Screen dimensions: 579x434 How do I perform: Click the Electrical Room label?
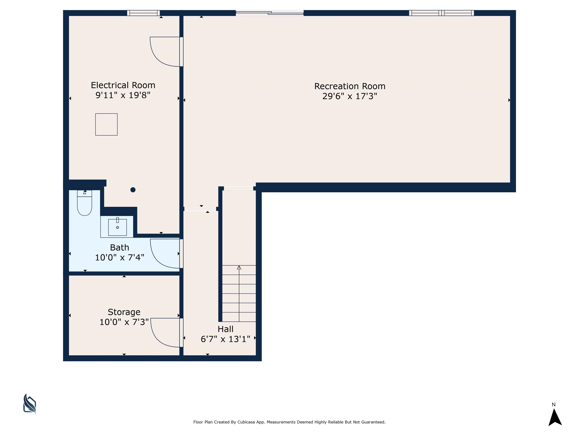pyautogui.click(x=123, y=85)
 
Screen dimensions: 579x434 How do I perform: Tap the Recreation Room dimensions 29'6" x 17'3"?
pyautogui.click(x=350, y=96)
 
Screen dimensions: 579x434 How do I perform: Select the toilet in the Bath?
pyautogui.click(x=85, y=203)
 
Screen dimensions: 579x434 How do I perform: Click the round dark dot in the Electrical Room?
pyautogui.click(x=133, y=190)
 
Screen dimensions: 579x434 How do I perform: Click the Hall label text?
pyautogui.click(x=226, y=329)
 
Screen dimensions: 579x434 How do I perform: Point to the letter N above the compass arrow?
pyautogui.click(x=554, y=405)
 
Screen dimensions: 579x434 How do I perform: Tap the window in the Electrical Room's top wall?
pyautogui.click(x=143, y=13)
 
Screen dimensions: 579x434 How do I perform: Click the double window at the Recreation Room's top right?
pyautogui.click(x=442, y=13)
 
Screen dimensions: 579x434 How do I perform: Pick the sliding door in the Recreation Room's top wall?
pyautogui.click(x=270, y=13)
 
